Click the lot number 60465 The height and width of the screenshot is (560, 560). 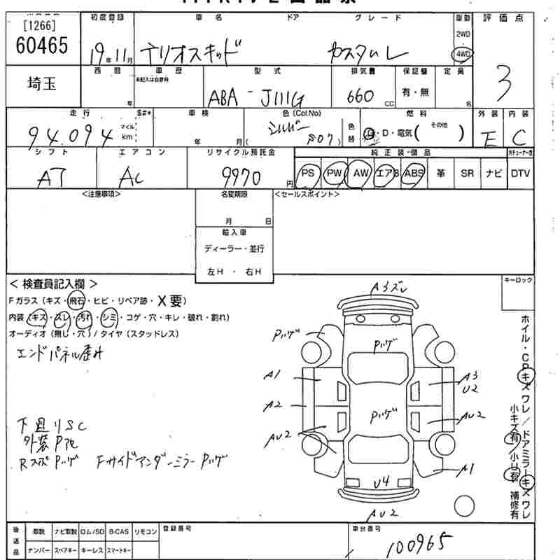(x=42, y=46)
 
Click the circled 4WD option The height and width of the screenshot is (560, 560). (x=463, y=54)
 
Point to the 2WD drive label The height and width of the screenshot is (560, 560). (x=463, y=34)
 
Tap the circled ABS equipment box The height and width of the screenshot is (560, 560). (x=414, y=173)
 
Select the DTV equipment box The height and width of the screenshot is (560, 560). (x=519, y=173)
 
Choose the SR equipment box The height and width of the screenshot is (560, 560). (x=466, y=173)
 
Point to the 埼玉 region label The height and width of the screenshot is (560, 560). (x=41, y=83)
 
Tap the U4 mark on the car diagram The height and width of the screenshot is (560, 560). (x=381, y=482)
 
